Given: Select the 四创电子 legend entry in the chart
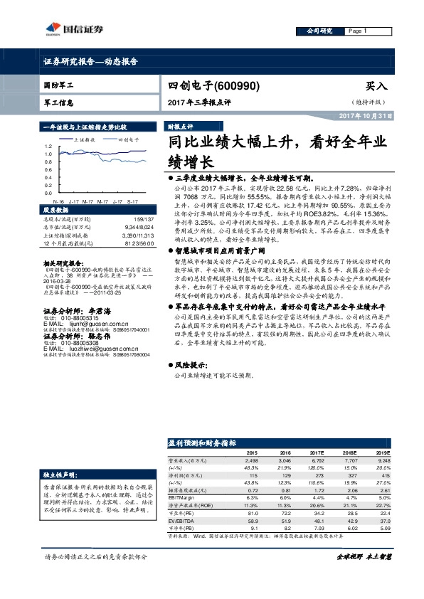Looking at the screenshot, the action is pyautogui.click(x=127, y=140).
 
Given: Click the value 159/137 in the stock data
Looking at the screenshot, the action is pyautogui.click(x=142, y=219).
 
